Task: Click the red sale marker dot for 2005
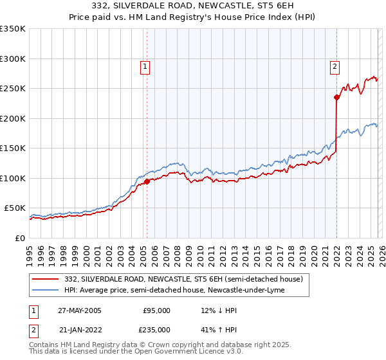pyautogui.click(x=147, y=181)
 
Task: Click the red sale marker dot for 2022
pyautogui.click(x=336, y=98)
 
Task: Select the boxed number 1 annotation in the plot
pyautogui.click(x=145, y=66)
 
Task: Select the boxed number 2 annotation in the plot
pyautogui.click(x=335, y=66)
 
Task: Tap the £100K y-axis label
pyautogui.click(x=14, y=178)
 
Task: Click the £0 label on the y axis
pyautogui.click(x=21, y=238)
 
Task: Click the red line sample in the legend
pyautogui.click(x=46, y=279)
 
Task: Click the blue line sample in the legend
pyautogui.click(x=46, y=290)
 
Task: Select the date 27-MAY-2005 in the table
pyautogui.click(x=79, y=310)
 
